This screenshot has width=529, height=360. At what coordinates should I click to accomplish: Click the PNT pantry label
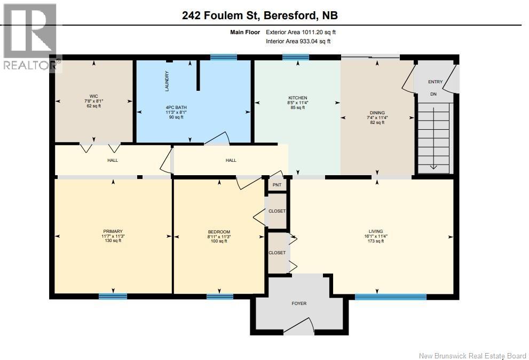pyautogui.click(x=277, y=185)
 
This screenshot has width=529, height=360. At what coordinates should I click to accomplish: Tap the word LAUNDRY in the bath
pyautogui.click(x=167, y=81)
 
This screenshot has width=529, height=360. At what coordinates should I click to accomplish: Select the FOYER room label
pyautogui.click(x=299, y=303)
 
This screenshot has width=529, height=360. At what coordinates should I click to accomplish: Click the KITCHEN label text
pyautogui.click(x=297, y=98)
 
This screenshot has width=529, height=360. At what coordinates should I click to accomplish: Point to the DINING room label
pyautogui.click(x=377, y=113)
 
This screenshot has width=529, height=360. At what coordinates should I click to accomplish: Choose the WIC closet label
pyautogui.click(x=94, y=96)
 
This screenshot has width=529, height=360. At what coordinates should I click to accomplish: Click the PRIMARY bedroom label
pyautogui.click(x=113, y=231)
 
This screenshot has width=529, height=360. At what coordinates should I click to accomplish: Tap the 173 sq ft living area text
pyautogui.click(x=376, y=241)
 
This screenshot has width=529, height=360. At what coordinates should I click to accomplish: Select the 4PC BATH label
pyautogui.click(x=176, y=107)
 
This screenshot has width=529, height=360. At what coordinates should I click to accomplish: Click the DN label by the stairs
pyautogui.click(x=433, y=94)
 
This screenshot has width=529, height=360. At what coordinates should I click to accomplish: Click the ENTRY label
pyautogui.click(x=435, y=82)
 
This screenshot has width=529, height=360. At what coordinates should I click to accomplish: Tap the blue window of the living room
pyautogui.click(x=391, y=297)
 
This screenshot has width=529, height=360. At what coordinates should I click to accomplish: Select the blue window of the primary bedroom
pyautogui.click(x=113, y=296)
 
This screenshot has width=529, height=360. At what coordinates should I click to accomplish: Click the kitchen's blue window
pyautogui.click(x=296, y=57)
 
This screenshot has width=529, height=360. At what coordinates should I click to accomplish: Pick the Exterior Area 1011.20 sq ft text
pyautogui.click(x=301, y=33)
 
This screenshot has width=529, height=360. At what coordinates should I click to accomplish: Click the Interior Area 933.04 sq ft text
pyautogui.click(x=298, y=42)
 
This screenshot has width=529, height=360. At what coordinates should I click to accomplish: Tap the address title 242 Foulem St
pyautogui.click(x=220, y=15)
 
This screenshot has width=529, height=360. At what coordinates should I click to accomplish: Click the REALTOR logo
pyautogui.click(x=30, y=37)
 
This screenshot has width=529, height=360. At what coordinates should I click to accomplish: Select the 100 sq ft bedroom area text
pyautogui.click(x=219, y=241)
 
